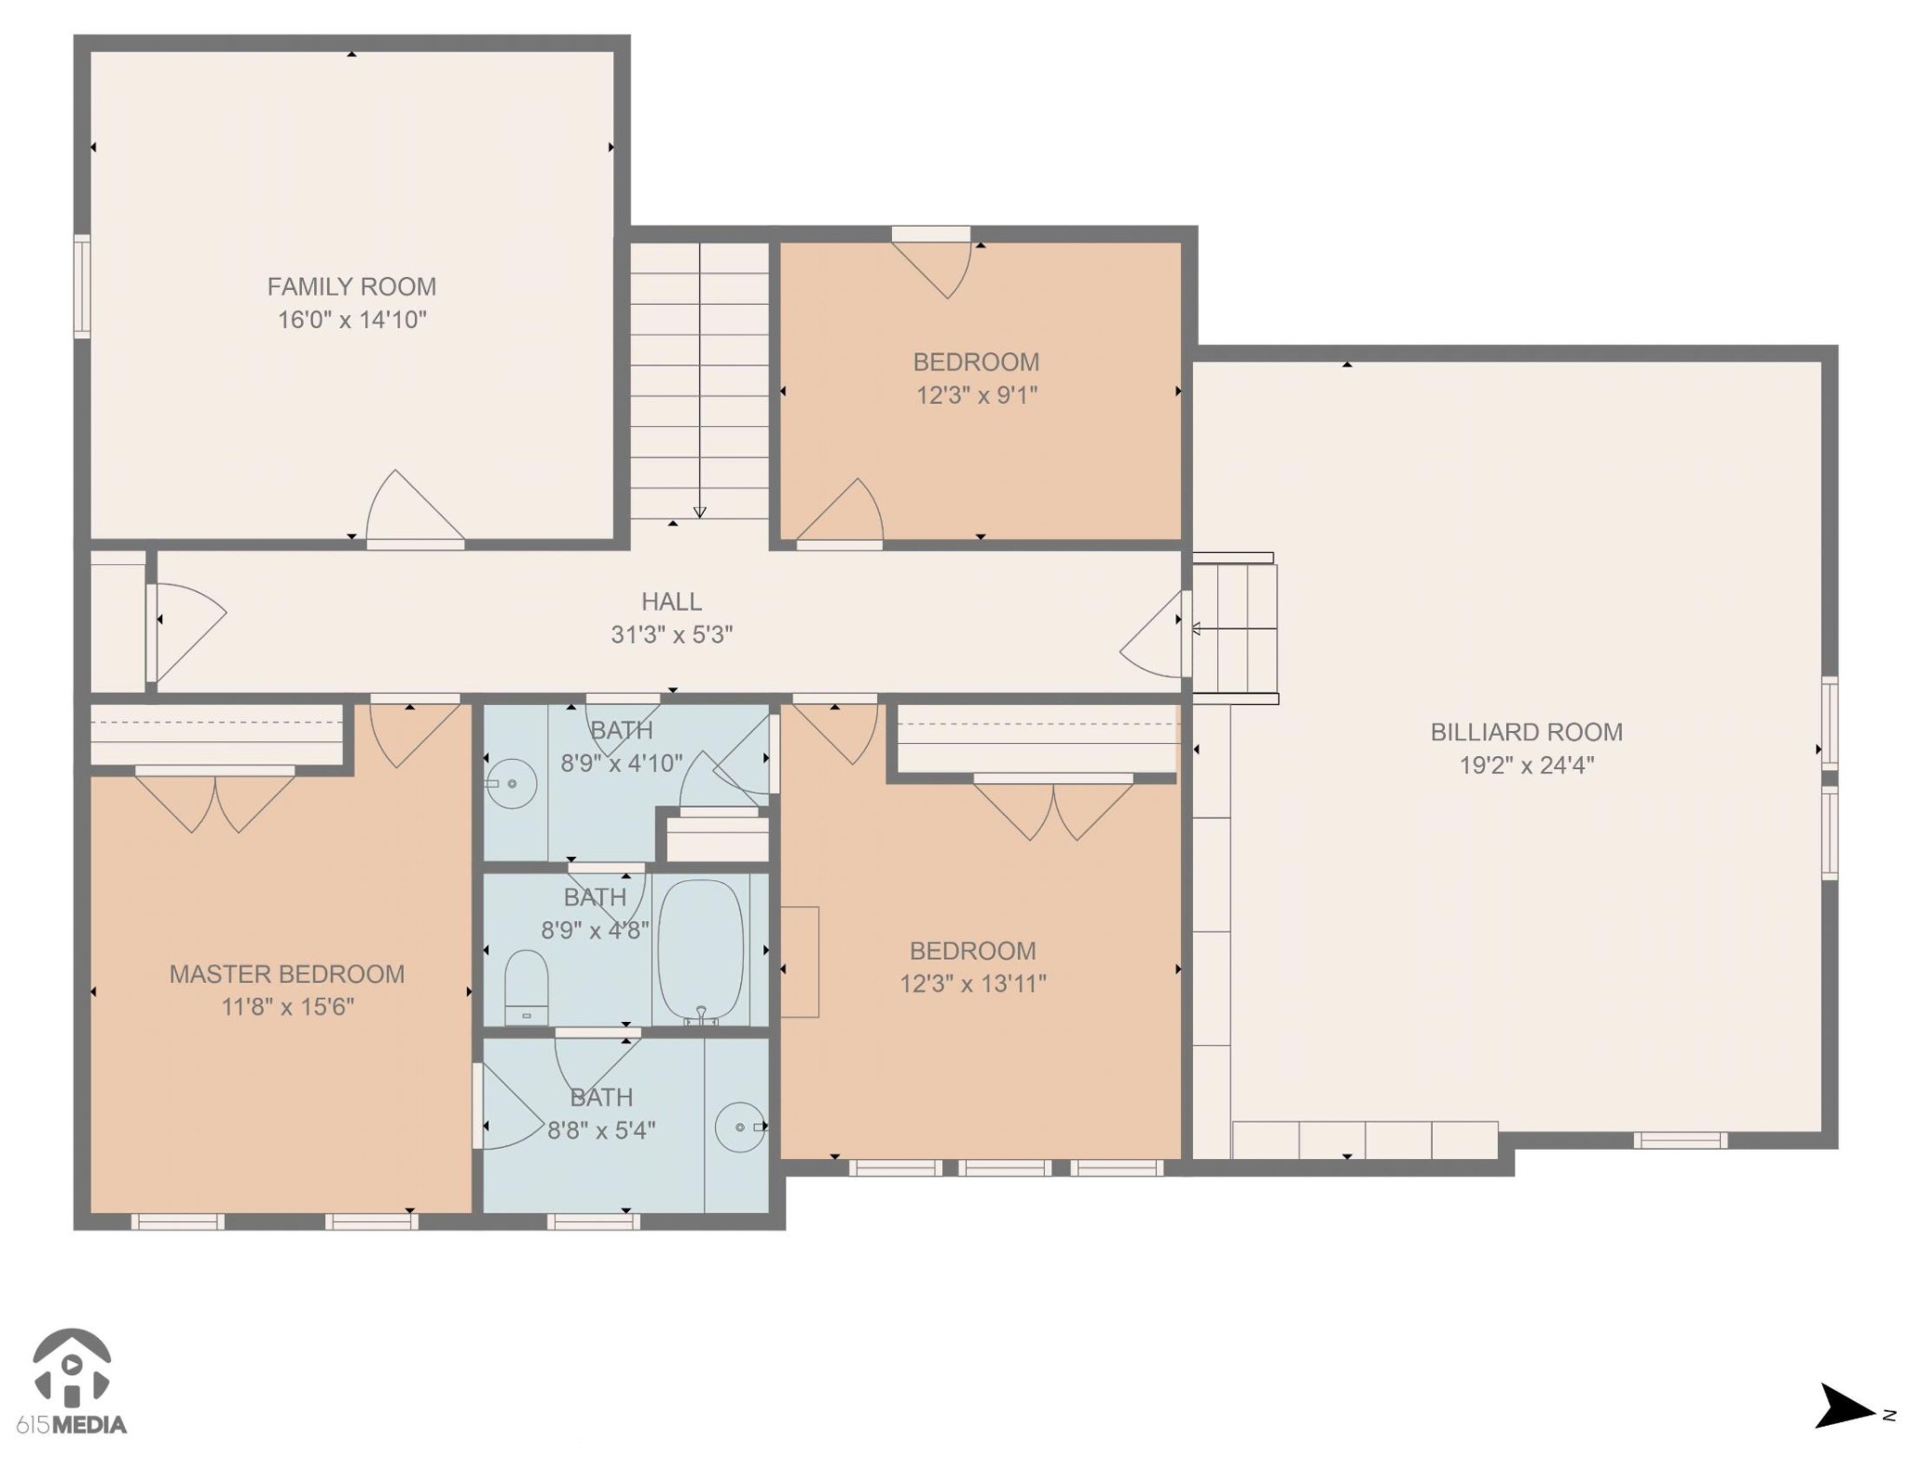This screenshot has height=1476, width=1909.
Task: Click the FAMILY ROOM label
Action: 351,286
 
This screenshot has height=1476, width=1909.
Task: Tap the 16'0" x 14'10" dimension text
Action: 351,320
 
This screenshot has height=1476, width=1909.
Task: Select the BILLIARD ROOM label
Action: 1526,732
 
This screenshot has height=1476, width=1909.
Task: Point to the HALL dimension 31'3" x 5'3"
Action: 671,635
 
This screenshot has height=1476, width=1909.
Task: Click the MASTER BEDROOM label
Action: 286,974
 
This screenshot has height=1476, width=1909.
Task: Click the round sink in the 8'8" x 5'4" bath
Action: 740,1127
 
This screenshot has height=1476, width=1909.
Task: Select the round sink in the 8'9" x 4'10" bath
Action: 511,784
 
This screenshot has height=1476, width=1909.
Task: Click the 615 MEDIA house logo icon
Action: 73,1367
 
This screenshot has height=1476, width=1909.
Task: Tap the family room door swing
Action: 410,509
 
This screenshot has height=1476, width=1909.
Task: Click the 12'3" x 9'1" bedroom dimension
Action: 976,395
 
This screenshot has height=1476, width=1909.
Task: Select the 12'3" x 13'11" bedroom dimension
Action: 972,984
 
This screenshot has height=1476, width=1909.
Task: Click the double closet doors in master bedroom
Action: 215,802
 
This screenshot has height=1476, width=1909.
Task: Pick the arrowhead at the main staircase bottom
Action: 699,512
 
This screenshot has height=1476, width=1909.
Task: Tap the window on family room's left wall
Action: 82,285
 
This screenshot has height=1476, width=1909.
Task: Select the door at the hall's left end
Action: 186,619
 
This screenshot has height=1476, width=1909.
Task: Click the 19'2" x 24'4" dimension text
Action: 1526,766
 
